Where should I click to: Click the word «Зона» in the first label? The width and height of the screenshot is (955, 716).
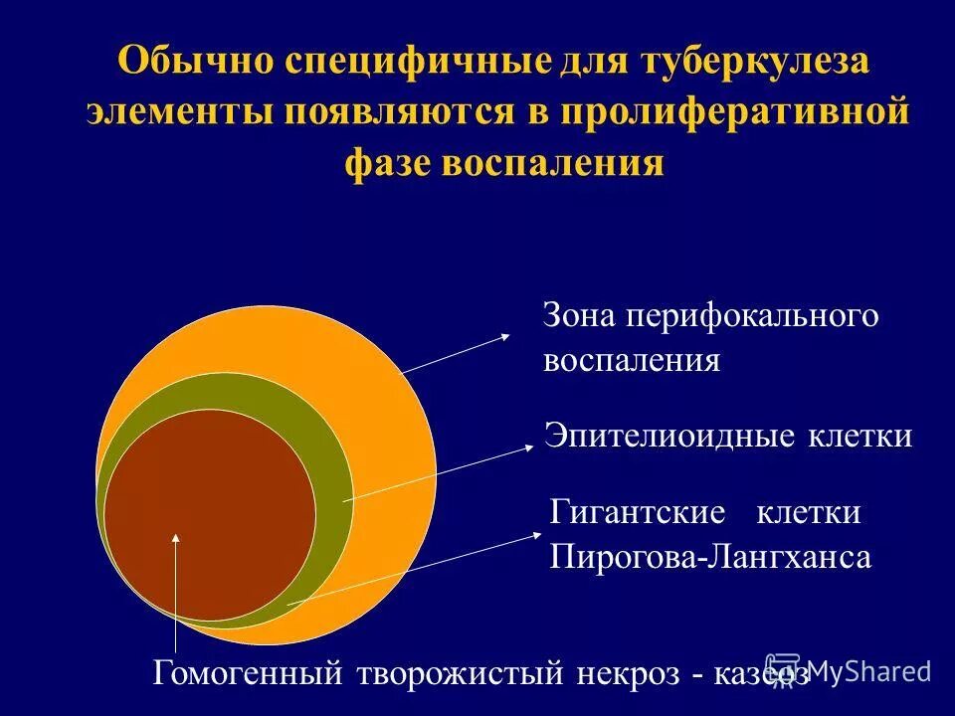[578, 316]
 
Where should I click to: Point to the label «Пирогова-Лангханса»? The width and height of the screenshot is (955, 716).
[710, 556]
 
